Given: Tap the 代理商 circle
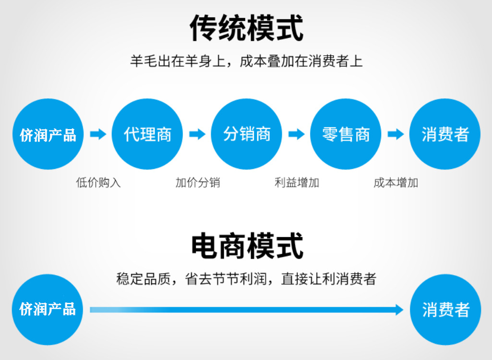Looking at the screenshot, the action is [147, 134].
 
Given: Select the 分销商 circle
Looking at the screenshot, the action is [247, 134].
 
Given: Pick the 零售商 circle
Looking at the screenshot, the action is [346, 134].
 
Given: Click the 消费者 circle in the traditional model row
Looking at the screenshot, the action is [445, 134].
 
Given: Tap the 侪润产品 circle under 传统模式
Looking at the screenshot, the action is [48, 134].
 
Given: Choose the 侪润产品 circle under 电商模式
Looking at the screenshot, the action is [48, 310].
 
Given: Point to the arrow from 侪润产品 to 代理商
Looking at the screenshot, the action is [98, 134].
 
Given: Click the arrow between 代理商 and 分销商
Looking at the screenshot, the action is [197, 134].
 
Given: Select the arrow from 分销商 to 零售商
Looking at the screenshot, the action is [296, 134].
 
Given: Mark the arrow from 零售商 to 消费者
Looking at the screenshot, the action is [396, 134].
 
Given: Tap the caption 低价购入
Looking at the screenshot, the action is [98, 183].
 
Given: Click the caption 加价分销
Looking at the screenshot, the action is [197, 183].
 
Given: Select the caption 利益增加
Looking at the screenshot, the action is [297, 183].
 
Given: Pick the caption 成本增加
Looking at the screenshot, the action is [396, 183].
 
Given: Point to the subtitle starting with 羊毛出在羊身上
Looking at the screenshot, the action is [246, 61].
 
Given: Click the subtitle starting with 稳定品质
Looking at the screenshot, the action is [246, 279].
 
